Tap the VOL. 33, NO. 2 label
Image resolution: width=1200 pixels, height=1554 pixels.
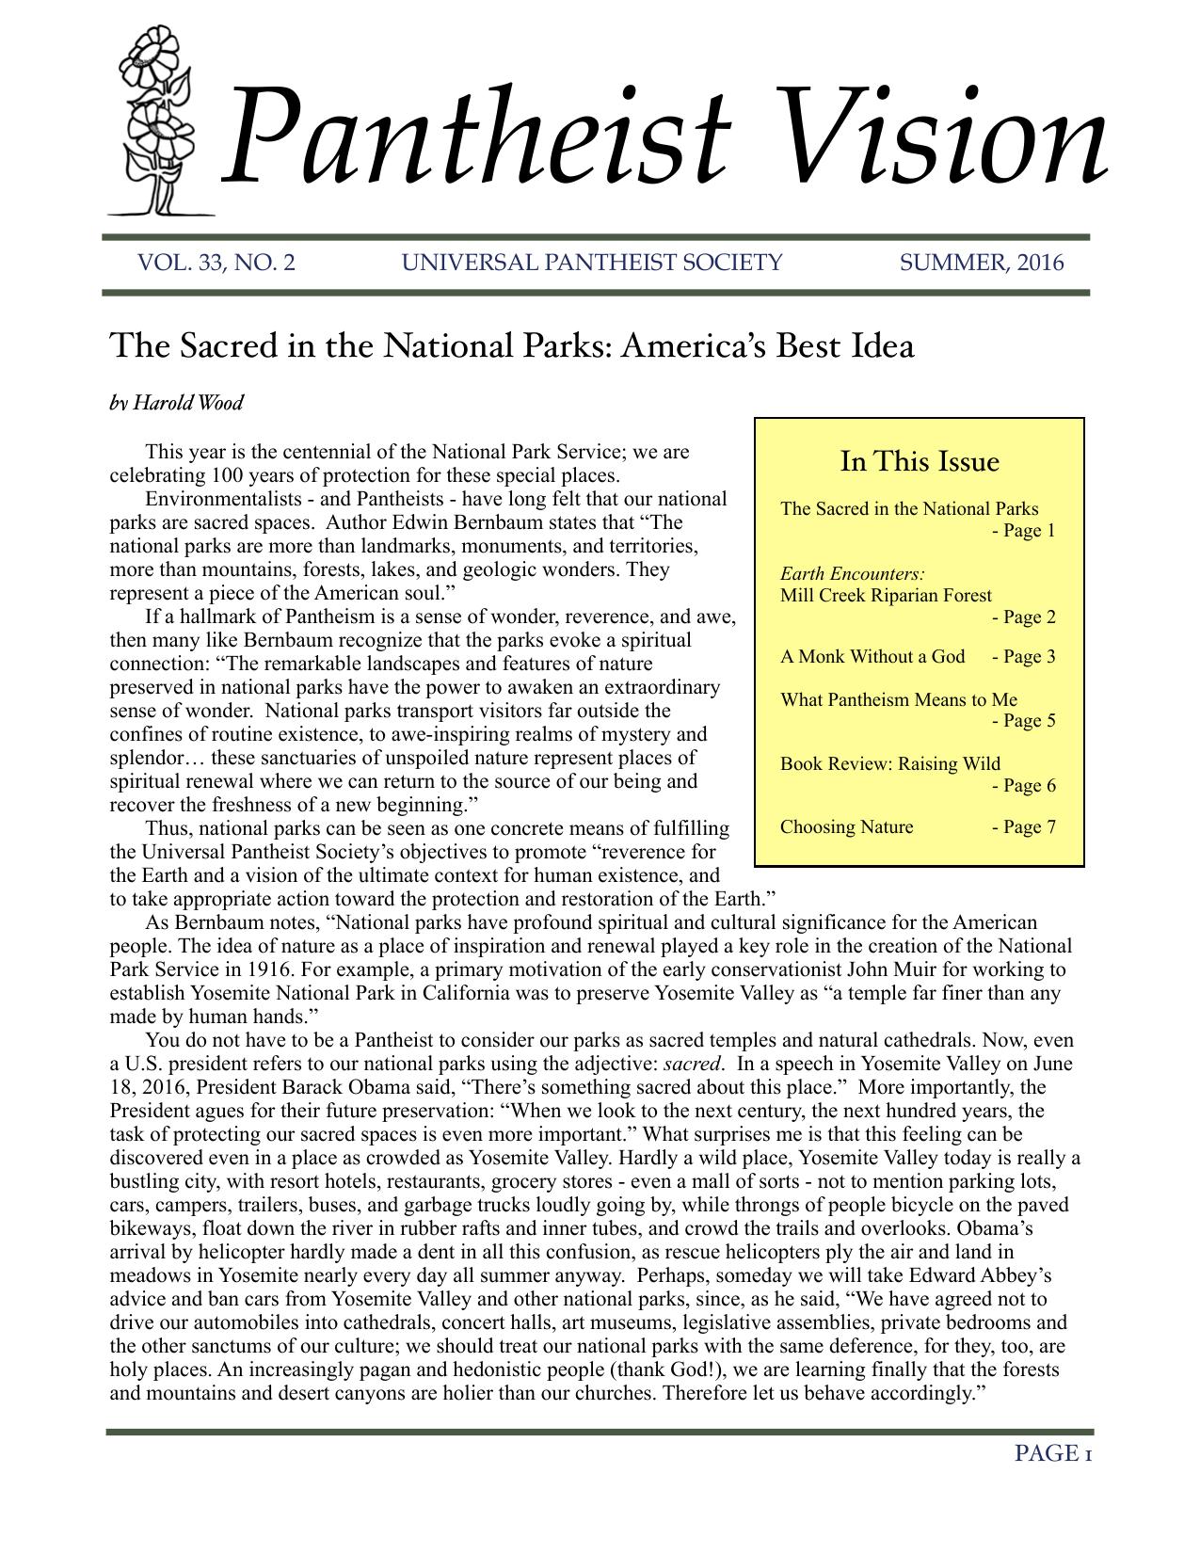point(216,263)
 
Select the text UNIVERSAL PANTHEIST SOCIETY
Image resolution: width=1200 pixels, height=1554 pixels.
point(591,263)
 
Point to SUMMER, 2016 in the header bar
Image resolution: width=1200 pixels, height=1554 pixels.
point(982,263)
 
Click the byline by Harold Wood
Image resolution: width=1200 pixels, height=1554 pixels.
point(176,404)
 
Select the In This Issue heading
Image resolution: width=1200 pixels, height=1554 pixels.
point(919,462)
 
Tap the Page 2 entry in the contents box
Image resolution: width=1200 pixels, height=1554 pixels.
point(1024,617)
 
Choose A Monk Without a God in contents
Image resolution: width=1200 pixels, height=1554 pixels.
point(872,657)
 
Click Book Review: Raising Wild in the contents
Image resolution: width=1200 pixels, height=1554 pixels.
point(889,763)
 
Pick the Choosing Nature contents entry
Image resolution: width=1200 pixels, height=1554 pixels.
point(846,827)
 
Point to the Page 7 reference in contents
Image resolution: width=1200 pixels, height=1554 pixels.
point(1024,827)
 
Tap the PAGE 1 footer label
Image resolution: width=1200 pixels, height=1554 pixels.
point(1052,1454)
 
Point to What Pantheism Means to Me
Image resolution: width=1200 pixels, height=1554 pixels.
point(898,699)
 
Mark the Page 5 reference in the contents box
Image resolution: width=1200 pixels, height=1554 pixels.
point(1024,721)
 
